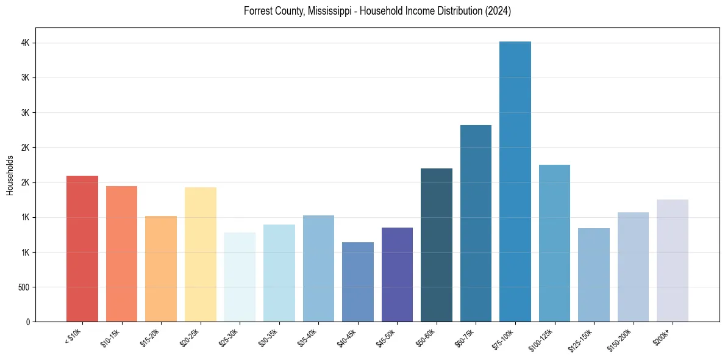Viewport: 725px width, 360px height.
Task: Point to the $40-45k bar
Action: tap(358, 282)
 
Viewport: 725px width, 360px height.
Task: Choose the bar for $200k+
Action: tap(673, 261)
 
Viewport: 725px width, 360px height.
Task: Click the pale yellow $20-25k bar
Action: tap(201, 254)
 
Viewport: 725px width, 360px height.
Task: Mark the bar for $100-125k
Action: tap(554, 243)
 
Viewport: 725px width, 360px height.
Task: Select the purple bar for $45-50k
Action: tap(397, 275)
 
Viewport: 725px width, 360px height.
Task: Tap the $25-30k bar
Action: tap(240, 277)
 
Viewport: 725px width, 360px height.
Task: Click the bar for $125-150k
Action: tap(594, 275)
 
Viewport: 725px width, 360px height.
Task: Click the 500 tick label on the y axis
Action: tap(24, 287)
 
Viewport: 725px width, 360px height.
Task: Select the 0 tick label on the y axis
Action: tap(28, 322)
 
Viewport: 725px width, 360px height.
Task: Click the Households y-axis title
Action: tap(10, 175)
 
